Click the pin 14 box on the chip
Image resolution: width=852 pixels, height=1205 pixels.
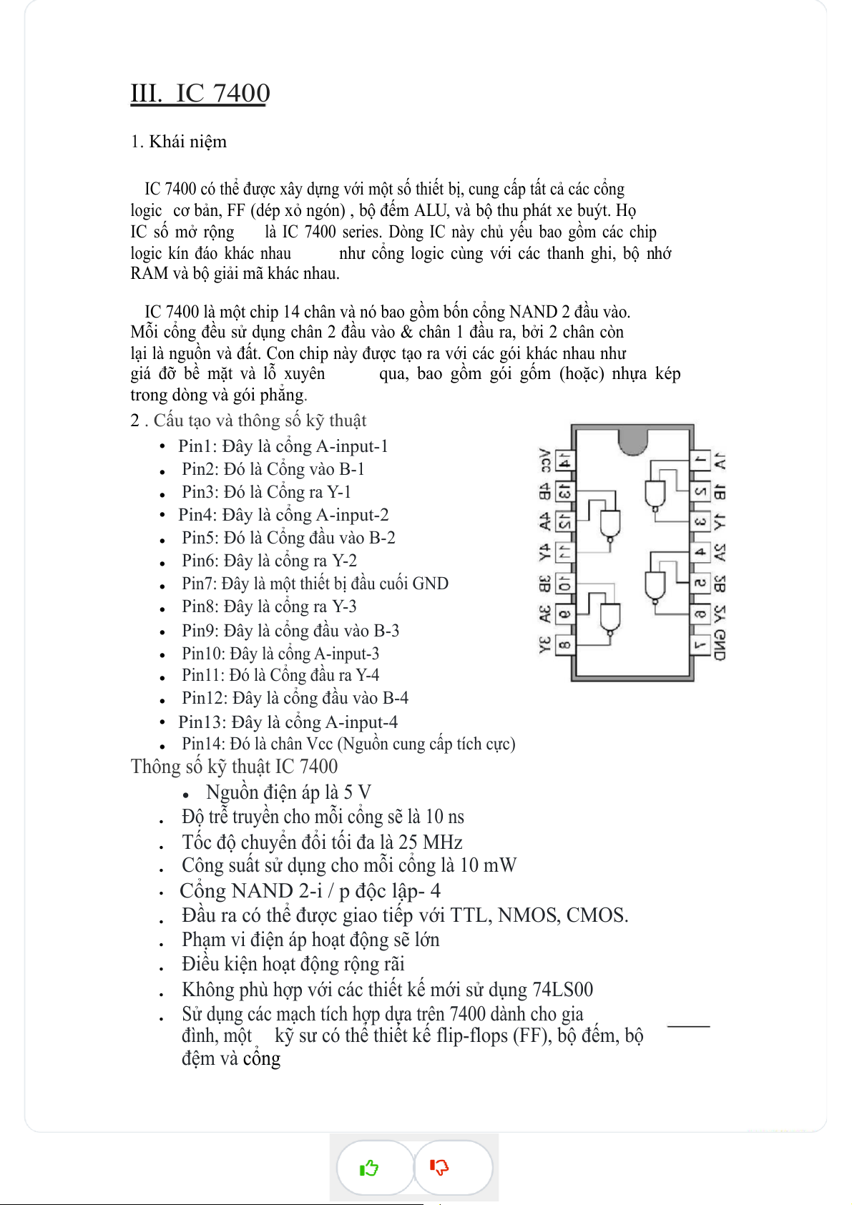(x=565, y=461)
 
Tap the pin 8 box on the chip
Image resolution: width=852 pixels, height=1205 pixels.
(x=564, y=645)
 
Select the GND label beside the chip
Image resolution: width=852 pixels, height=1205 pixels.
(x=719, y=646)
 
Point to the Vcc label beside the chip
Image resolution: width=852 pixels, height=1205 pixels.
(x=544, y=461)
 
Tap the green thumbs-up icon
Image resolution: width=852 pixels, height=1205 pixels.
(x=369, y=1168)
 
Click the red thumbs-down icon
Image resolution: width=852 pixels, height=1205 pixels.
(x=439, y=1167)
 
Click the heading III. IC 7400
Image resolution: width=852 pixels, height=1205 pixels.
(x=200, y=93)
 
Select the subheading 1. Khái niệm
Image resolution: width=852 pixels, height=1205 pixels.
(x=179, y=142)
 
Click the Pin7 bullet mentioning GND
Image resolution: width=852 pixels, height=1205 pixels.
(x=315, y=584)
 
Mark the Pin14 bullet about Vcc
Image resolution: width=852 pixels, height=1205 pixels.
(x=348, y=744)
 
